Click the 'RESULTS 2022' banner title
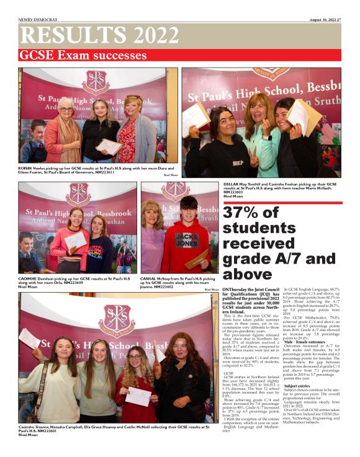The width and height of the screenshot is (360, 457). click(92, 36)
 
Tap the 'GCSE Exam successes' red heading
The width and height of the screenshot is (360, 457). click(83, 56)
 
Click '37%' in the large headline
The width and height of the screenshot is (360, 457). click(246, 213)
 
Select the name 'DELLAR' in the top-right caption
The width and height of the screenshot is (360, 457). click(232, 184)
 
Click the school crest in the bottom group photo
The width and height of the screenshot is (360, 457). click(116, 320)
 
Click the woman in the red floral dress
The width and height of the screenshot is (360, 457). click(129, 133)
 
